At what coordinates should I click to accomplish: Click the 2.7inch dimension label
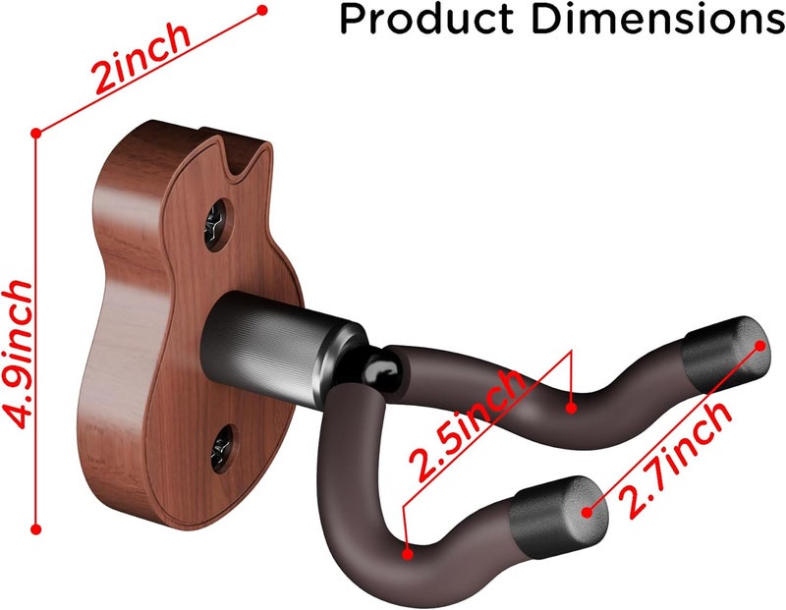click(x=679, y=459)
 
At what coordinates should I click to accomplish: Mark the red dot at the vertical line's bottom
click(x=36, y=528)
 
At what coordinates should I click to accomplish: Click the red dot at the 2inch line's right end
click(x=261, y=11)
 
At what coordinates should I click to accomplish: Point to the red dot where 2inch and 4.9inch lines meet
click(x=36, y=131)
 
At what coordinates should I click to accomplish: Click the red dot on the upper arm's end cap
click(x=761, y=343)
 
